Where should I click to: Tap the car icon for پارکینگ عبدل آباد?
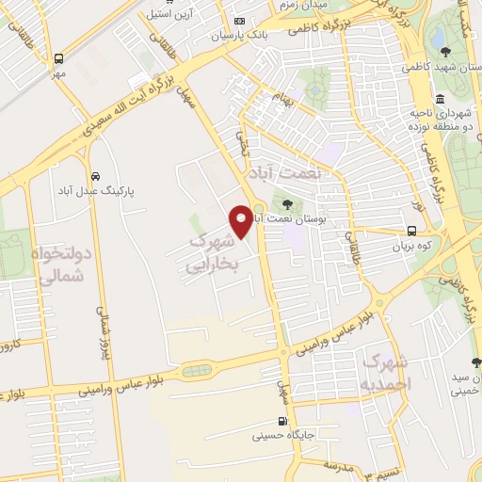pos(96,176)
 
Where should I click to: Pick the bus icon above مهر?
pos(59,57)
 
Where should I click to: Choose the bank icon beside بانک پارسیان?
pos(240,21)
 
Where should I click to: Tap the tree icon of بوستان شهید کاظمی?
pos(443,53)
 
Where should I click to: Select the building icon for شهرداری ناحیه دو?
pos(440,99)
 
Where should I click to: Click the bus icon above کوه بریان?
pos(412,231)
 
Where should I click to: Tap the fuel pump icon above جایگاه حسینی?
pos(281,422)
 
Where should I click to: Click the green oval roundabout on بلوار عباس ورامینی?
pos(197,371)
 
